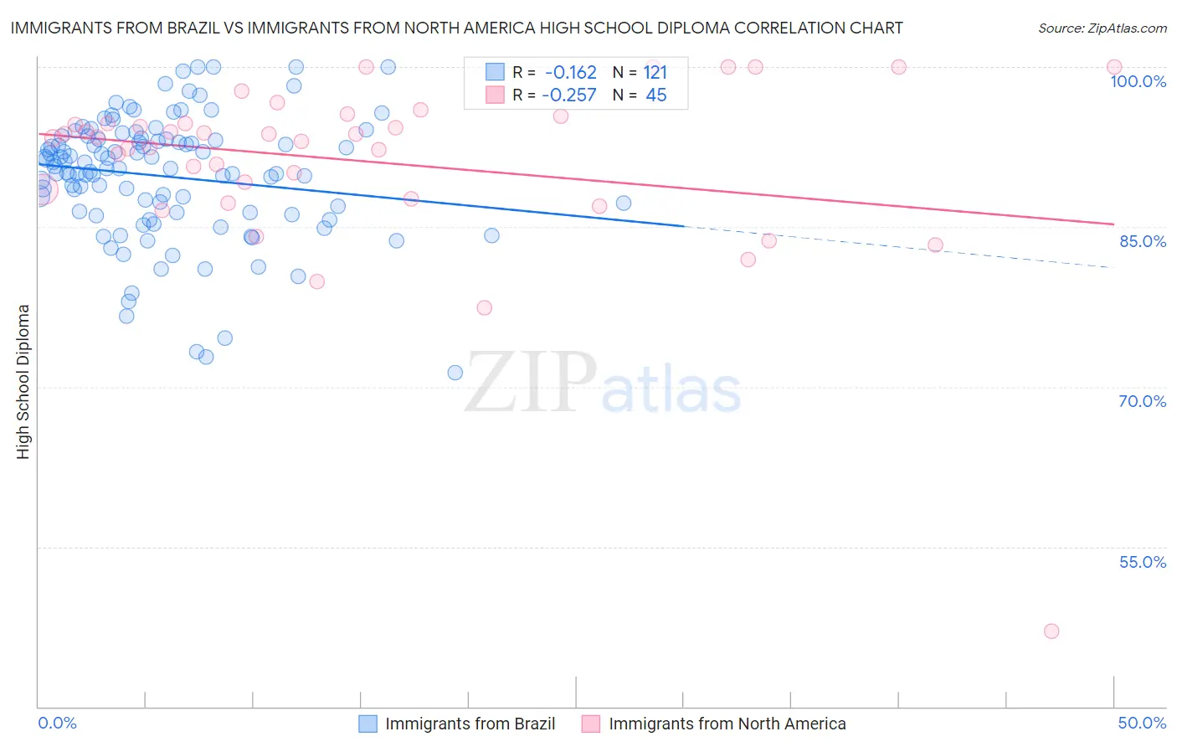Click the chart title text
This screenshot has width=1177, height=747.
456,28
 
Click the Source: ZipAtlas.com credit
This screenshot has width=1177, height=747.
1102,28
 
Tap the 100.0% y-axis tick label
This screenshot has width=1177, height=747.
1138,81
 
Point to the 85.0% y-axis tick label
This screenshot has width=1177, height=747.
1142,241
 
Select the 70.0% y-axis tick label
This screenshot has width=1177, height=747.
1142,401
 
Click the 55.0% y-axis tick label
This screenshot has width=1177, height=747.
1142,562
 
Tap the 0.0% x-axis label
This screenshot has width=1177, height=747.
58,723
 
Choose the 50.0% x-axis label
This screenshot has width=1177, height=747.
1142,723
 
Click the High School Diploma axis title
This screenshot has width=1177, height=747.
23,381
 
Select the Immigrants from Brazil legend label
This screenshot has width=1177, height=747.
470,724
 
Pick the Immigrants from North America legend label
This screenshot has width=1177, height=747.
727,724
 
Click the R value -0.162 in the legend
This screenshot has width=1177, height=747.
570,73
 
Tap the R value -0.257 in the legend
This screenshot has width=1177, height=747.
569,95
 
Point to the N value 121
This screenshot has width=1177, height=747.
655,73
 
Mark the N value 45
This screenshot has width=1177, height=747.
655,95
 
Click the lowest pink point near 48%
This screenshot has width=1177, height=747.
1051,631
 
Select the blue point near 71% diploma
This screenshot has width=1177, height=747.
455,373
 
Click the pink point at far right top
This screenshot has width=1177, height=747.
1113,67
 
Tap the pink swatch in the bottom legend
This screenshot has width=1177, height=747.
591,724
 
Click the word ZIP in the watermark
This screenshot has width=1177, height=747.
530,382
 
